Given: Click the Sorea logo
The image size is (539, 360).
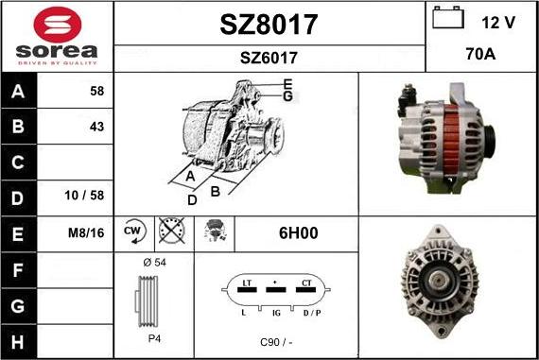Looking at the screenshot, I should pos(57,36).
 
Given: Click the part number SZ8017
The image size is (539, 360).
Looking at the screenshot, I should pos(269,24).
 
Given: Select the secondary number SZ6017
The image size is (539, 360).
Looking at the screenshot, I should pos(269,59).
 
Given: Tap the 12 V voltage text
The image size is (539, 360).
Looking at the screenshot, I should pos(497,21).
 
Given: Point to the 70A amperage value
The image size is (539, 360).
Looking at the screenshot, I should pos(481,55).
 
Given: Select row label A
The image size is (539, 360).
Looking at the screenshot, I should pos(17,92).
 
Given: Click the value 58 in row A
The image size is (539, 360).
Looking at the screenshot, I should pos(96,92).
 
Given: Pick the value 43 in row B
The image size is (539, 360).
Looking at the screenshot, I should pos(96,127).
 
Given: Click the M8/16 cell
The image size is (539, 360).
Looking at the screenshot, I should pos(87,231).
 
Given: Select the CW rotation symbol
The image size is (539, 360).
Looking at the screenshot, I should pos(132,231).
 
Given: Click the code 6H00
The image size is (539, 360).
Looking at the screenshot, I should pos(296,231).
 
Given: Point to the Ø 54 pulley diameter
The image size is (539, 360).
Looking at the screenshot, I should pos(153,262).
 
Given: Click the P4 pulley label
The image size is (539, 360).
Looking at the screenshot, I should pos(153,337).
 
